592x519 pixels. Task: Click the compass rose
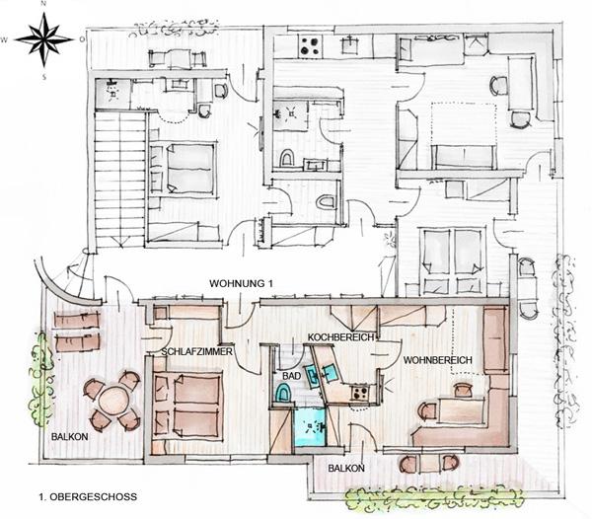44,38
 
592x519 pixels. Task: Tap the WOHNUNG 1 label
241,283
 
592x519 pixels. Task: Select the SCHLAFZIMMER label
197,352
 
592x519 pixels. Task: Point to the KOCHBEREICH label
340,337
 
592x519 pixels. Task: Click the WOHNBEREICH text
437,360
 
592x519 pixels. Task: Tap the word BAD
292,376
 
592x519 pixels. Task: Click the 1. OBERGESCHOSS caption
88,496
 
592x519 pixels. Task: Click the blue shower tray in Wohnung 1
310,427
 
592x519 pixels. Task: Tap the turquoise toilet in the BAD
283,393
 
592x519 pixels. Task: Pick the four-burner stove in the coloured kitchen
359,393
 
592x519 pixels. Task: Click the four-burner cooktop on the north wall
312,46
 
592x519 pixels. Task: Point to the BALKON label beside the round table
70,437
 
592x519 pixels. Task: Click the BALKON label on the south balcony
346,469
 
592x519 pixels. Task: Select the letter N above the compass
43,4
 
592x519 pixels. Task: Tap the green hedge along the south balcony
435,498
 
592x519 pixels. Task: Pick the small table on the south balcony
429,463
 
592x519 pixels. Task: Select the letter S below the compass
44,78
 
